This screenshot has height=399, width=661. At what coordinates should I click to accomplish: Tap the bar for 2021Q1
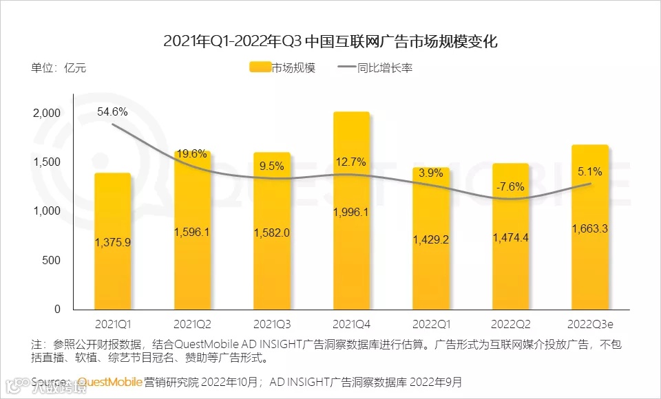112,275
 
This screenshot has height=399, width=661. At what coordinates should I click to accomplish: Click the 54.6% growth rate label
112,111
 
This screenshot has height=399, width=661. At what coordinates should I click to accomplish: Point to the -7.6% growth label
511,186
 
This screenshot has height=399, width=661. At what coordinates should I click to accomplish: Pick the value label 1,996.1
351,212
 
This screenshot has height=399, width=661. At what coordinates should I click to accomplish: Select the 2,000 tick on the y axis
47,113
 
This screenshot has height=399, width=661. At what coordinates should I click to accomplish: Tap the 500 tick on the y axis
52,260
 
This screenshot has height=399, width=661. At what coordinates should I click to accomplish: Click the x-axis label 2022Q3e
590,323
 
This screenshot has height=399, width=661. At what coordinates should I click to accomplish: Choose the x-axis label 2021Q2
192,323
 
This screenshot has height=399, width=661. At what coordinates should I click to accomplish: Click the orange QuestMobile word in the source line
109,381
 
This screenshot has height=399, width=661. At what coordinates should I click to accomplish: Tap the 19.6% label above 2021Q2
192,153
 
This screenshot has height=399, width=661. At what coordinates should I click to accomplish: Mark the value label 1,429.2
431,239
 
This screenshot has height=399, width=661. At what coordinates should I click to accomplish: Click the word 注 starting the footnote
36,343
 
